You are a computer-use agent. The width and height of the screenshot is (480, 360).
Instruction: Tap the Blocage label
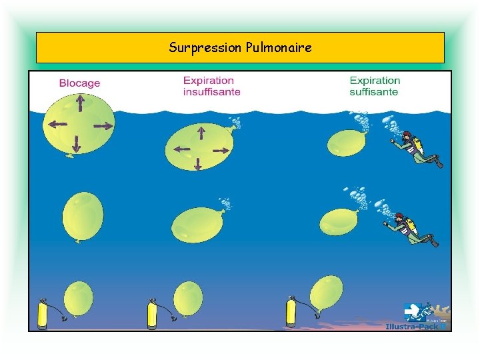79,83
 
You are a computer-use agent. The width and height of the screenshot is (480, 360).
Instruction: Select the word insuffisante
211,92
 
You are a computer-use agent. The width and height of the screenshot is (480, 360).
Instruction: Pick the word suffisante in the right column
373,92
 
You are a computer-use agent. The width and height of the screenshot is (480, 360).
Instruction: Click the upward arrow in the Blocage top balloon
79,104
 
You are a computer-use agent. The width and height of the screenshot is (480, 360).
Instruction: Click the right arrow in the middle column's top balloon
219,151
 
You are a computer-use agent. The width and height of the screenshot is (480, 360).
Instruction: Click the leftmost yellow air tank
43,315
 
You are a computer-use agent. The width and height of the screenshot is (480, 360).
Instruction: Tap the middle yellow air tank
152,315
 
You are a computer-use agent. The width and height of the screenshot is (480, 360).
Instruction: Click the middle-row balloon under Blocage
83,215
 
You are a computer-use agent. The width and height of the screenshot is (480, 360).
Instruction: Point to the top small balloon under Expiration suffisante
346,143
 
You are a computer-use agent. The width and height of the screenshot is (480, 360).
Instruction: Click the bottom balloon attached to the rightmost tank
326,292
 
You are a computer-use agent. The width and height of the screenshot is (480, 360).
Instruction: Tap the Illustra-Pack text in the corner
413,326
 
